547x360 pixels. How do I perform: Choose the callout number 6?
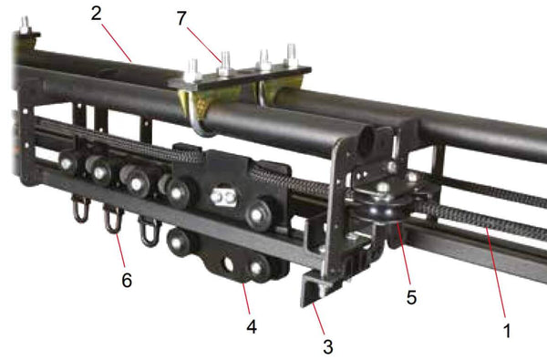pos(127,282)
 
